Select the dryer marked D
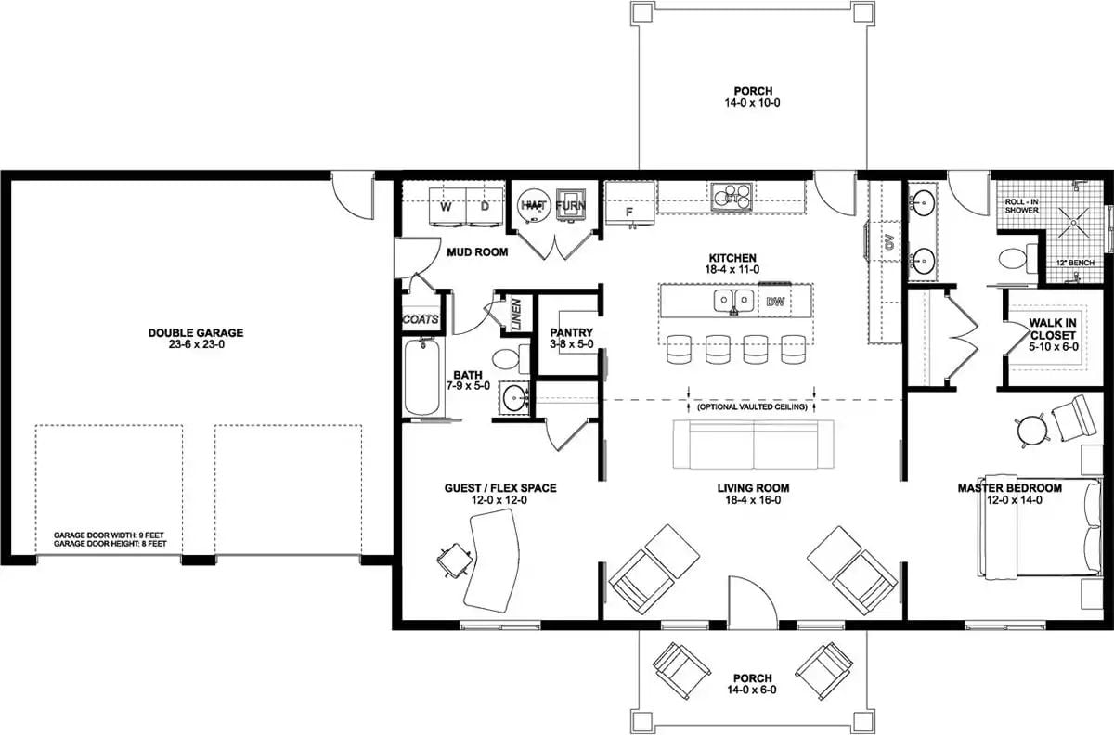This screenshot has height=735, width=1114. tap(485, 206)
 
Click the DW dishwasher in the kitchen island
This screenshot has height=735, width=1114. tap(774, 302)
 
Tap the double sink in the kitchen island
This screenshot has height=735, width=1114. tap(732, 301)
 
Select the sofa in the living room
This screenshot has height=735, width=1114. tap(753, 444)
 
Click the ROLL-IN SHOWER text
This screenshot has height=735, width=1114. tap(1024, 204)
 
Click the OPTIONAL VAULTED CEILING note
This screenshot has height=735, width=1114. tap(752, 406)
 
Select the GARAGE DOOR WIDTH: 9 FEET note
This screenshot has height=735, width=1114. tap(110, 535)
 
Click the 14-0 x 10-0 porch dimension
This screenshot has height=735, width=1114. tap(753, 104)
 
